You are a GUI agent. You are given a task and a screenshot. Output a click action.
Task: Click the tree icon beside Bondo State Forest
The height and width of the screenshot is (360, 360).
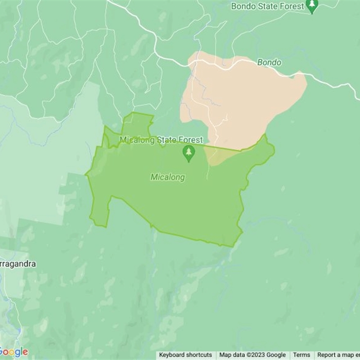[312, 6]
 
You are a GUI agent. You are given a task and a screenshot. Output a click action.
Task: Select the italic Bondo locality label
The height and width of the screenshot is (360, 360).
[269, 63]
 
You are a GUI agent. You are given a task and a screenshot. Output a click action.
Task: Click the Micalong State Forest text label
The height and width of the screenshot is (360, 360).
[161, 140]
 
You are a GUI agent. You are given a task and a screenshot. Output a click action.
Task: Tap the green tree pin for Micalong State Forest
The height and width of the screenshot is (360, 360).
[189, 153]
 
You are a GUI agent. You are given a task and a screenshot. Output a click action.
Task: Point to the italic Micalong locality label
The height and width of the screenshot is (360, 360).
[167, 177]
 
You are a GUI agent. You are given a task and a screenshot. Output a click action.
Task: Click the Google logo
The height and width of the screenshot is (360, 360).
[13, 352]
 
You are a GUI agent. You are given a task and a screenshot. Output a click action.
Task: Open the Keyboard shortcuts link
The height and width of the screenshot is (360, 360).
[185, 355]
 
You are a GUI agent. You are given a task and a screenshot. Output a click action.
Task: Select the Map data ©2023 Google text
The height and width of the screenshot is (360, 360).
[252, 355]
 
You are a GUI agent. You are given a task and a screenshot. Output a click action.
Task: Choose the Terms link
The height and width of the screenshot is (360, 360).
[301, 355]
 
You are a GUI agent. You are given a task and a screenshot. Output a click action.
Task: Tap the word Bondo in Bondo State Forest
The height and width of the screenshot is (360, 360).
[243, 6]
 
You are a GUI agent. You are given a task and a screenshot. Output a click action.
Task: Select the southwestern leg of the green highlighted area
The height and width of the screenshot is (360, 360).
[100, 211]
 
